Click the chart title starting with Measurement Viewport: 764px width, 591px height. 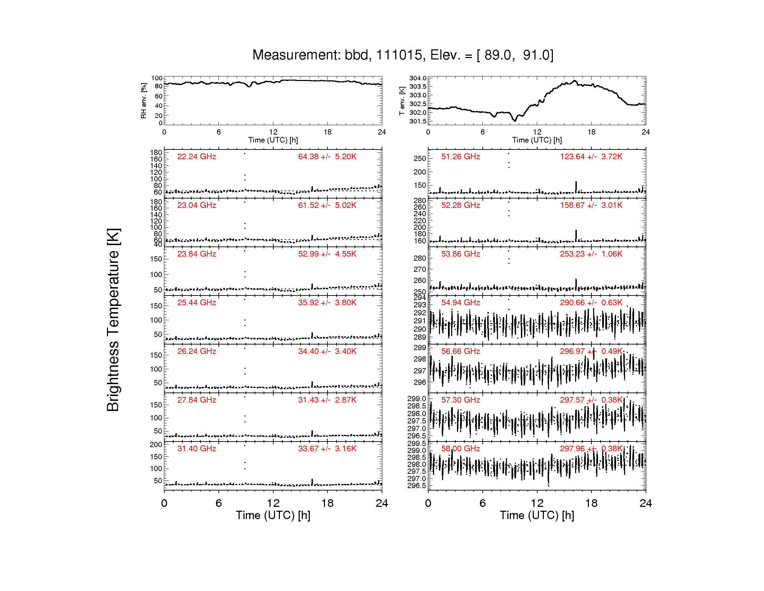(403, 55)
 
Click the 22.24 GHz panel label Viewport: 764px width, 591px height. (197, 156)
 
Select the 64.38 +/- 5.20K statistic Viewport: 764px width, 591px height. (327, 156)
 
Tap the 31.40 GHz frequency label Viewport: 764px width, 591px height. (197, 448)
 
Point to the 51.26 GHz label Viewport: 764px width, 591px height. (460, 156)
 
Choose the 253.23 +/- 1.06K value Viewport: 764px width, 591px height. (591, 254)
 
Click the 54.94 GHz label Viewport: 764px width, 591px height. (460, 302)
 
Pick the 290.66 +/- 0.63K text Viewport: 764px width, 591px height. (591, 302)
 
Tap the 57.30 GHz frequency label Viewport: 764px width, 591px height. (460, 400)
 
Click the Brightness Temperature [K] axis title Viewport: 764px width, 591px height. (113, 319)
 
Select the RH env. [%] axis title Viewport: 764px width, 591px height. (143, 101)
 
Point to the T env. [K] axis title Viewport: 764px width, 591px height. (402, 101)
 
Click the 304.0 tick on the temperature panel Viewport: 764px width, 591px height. (418, 78)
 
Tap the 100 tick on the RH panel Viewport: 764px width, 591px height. (157, 78)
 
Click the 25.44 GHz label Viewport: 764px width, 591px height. (197, 302)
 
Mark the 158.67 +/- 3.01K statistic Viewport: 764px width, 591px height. (591, 205)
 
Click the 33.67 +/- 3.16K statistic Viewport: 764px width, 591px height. (327, 448)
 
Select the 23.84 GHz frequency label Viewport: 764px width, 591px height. (197, 254)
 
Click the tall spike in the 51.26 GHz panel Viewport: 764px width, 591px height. (576, 187)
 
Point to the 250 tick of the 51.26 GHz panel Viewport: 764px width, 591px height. (420, 158)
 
